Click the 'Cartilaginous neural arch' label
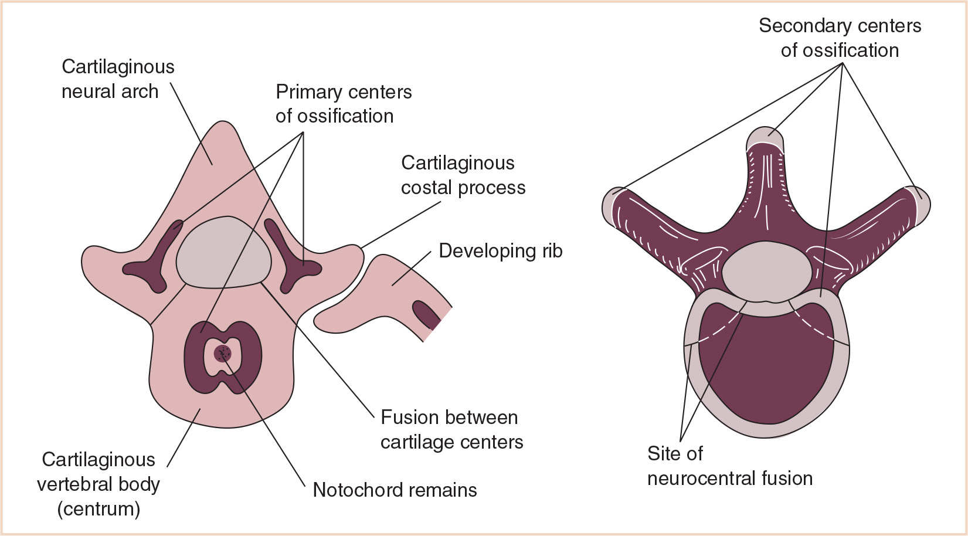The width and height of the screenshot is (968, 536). (117, 79)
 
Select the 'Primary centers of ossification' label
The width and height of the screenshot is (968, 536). (344, 104)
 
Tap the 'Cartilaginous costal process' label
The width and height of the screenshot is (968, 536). (463, 175)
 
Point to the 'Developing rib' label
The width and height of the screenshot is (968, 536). (500, 251)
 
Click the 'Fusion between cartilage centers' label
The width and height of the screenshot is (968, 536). (451, 429)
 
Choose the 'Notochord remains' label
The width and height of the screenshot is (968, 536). (395, 490)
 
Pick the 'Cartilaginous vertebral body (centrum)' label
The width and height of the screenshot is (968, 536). (99, 484)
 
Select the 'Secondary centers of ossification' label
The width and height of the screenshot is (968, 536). (840, 38)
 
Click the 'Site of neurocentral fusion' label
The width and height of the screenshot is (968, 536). (729, 466)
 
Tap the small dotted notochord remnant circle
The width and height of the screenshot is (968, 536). (223, 354)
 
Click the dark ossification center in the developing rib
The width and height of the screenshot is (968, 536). (426, 314)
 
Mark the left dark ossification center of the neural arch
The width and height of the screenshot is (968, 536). (154, 261)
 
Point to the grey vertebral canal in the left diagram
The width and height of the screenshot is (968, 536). (223, 252)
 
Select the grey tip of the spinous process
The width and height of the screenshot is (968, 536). (765, 138)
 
